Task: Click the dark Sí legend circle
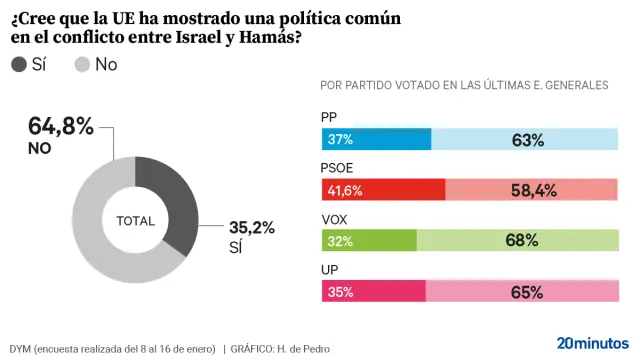20,65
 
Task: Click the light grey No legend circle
83,65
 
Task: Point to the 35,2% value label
250,229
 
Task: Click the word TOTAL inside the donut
135,220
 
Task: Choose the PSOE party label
338,168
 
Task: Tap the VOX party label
335,219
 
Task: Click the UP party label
330,270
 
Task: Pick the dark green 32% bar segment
368,240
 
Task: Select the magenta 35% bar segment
374,291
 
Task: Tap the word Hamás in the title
266,38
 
